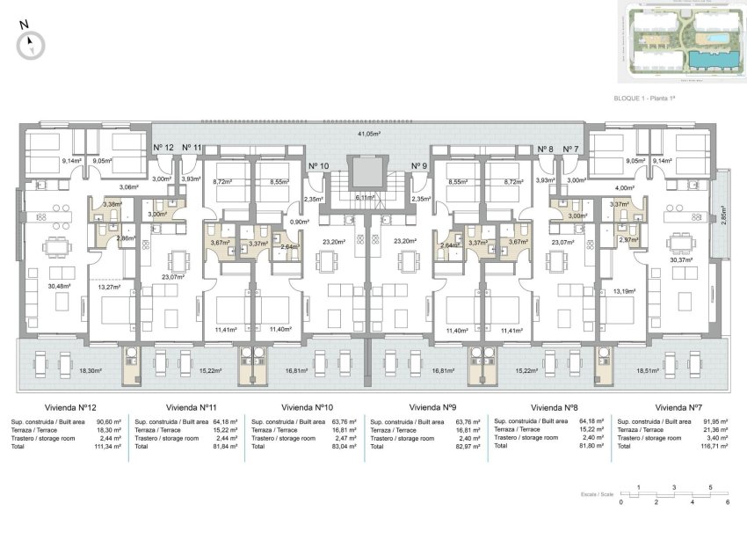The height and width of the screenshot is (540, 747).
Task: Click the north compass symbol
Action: click(33, 41)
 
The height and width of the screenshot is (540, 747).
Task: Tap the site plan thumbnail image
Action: click(680, 43)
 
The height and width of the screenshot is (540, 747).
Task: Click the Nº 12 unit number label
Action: click(163, 148)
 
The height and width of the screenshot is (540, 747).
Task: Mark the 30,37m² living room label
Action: click(681, 259)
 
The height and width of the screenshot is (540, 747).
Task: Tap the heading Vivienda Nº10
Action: click(304, 407)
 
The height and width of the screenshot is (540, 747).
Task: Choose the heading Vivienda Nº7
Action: click(678, 407)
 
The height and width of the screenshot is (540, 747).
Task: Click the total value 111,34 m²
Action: click(108, 447)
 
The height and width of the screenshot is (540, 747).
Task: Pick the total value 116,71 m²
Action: click(710, 447)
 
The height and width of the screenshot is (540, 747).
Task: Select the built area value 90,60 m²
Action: click(110, 422)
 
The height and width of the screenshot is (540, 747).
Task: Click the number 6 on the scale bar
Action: click(728, 502)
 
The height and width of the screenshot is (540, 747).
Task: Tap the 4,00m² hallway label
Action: click(625, 187)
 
